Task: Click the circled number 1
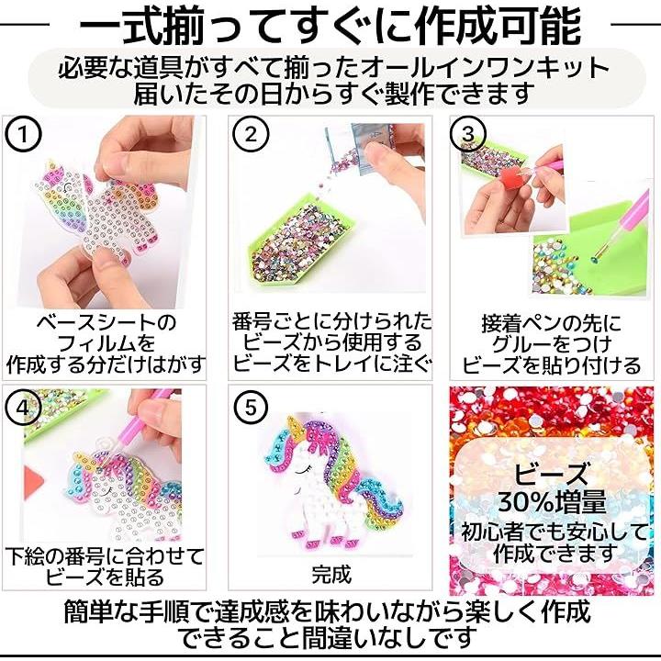tap(23, 135)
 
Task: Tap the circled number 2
tap(251, 135)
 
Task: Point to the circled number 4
tap(23, 408)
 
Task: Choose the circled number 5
tap(251, 408)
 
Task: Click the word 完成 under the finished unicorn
tap(331, 575)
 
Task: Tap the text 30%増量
tap(553, 501)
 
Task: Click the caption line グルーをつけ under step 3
tap(552, 344)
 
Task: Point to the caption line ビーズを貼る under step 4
tap(104, 577)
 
